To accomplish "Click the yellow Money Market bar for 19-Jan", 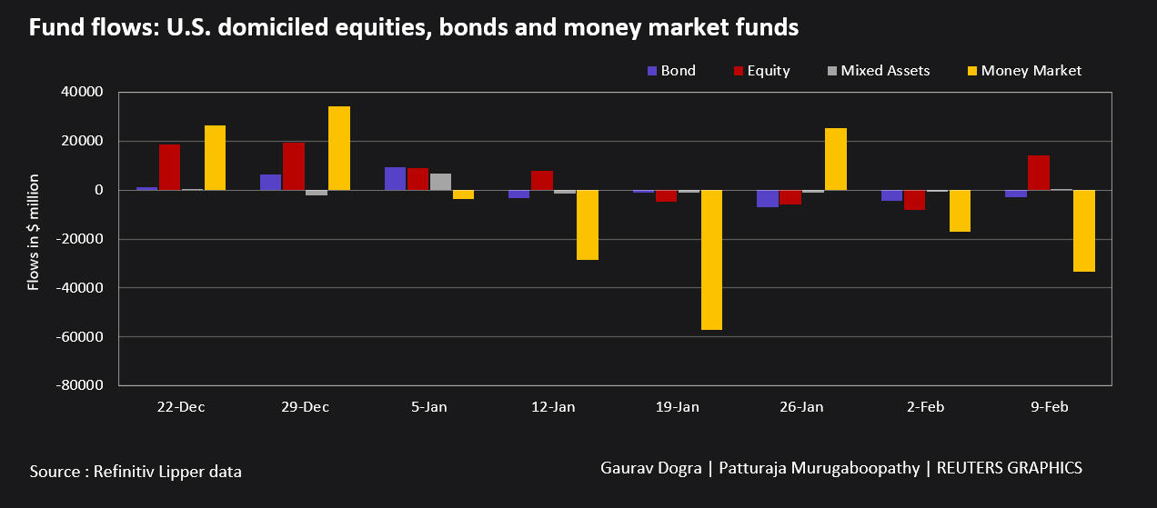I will pyautogui.click(x=711, y=260).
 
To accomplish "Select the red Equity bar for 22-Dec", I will pyautogui.click(x=169, y=167).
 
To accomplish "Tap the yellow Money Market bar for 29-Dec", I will pyautogui.click(x=338, y=148).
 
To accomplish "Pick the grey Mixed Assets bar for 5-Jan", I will pyautogui.click(x=440, y=182).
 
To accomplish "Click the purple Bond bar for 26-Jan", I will pyautogui.click(x=768, y=199).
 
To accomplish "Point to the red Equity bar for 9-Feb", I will pyautogui.click(x=1039, y=173).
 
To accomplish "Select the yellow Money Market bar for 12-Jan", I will pyautogui.click(x=588, y=224).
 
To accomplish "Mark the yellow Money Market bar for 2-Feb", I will pyautogui.click(x=960, y=211).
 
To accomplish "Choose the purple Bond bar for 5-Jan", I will pyautogui.click(x=395, y=179).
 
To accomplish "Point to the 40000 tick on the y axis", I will pyautogui.click(x=83, y=93).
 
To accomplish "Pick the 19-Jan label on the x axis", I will pyautogui.click(x=678, y=407).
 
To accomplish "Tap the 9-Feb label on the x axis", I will pyautogui.click(x=1050, y=407).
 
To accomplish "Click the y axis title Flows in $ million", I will pyautogui.click(x=34, y=232).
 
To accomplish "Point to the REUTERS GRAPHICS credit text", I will pyautogui.click(x=1009, y=468).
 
